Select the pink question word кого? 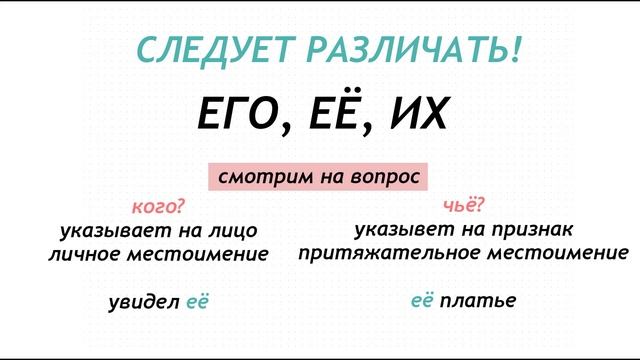[158, 209]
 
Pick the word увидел [144, 301]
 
